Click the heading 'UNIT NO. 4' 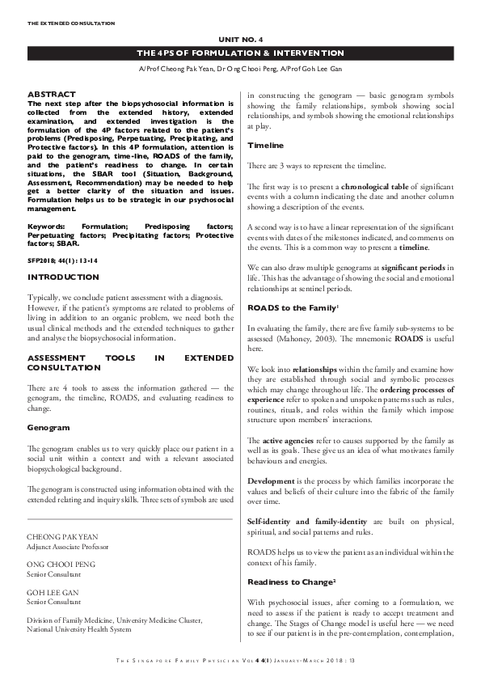(240, 38)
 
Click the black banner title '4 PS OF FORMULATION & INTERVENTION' (240, 53)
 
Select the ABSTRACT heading (52, 95)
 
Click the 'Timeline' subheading (265, 145)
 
